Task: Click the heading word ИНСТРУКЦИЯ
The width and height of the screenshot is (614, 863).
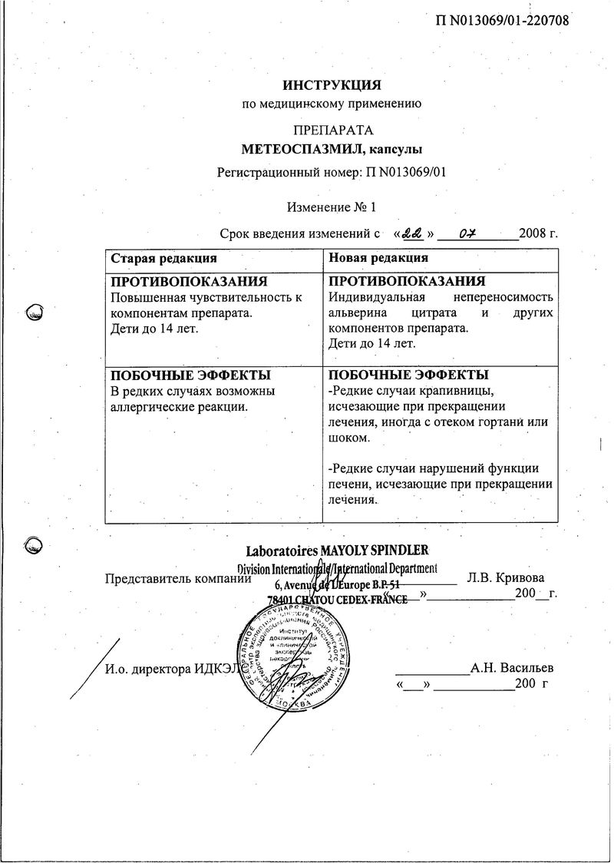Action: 332,84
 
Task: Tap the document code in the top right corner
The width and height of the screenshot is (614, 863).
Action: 502,20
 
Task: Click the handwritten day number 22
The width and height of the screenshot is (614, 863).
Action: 414,231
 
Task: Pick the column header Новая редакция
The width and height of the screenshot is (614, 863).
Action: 378,258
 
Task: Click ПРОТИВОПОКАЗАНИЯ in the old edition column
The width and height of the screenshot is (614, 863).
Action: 189,282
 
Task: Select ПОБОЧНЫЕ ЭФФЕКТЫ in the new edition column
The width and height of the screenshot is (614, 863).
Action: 408,375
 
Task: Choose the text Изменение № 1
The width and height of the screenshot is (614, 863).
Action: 332,207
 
